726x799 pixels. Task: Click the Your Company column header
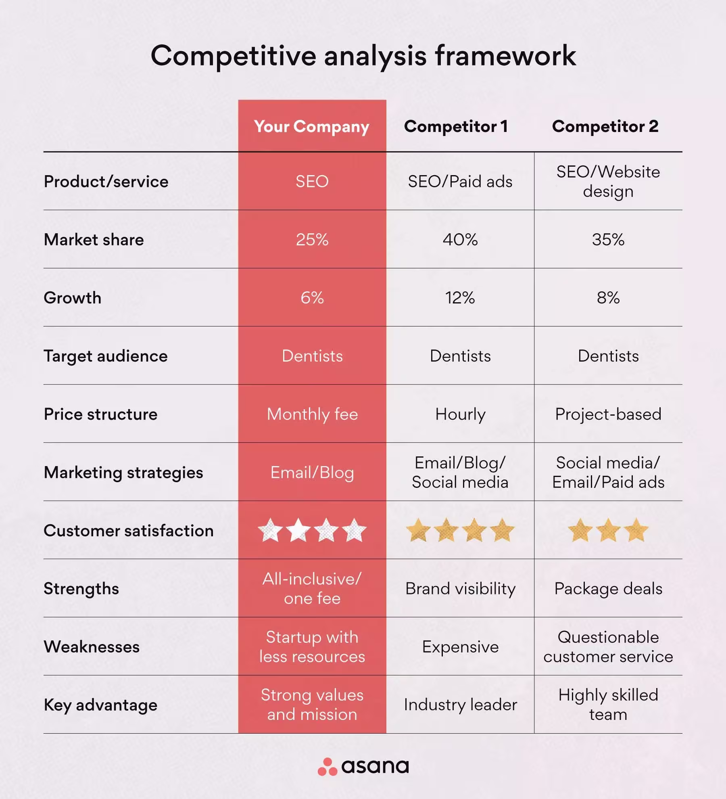(x=311, y=126)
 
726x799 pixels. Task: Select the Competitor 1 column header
(x=456, y=126)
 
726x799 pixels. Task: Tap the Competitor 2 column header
(x=605, y=126)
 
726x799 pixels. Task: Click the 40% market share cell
(x=460, y=240)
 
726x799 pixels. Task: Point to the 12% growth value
(x=460, y=298)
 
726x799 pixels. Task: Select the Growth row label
(x=73, y=298)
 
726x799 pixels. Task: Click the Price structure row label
(x=100, y=414)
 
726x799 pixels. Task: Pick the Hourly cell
(x=460, y=414)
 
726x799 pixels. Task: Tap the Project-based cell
(x=608, y=414)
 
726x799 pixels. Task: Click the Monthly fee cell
(x=312, y=414)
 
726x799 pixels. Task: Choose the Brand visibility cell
(x=460, y=589)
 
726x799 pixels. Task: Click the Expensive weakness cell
(x=460, y=647)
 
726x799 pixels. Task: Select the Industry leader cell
(x=460, y=705)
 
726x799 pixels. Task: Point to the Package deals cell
(x=608, y=589)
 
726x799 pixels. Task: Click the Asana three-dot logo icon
(x=327, y=767)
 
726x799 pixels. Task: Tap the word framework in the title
(x=505, y=56)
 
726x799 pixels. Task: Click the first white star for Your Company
(x=270, y=530)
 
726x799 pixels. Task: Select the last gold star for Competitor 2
(x=636, y=530)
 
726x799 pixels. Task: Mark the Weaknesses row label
(x=92, y=647)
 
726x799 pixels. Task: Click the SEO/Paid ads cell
(x=460, y=182)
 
